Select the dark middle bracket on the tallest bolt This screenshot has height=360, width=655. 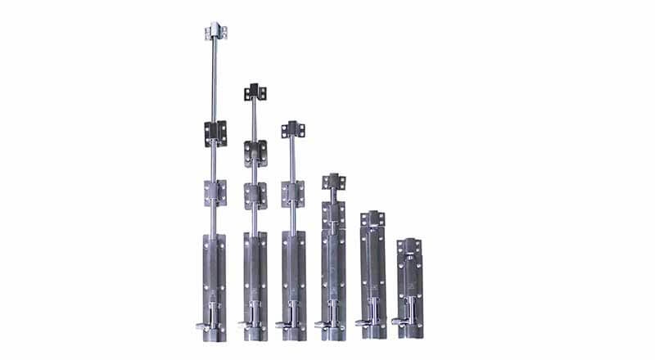click(x=215, y=130)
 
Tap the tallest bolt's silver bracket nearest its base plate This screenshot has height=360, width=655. click(x=215, y=194)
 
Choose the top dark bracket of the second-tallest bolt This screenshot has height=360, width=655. click(x=254, y=92)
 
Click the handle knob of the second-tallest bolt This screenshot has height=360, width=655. click(x=243, y=326)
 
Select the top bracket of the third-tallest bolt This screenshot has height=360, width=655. click(x=291, y=129)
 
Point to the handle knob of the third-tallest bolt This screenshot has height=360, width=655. click(x=280, y=326)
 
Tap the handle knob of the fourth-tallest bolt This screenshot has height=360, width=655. click(x=319, y=326)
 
